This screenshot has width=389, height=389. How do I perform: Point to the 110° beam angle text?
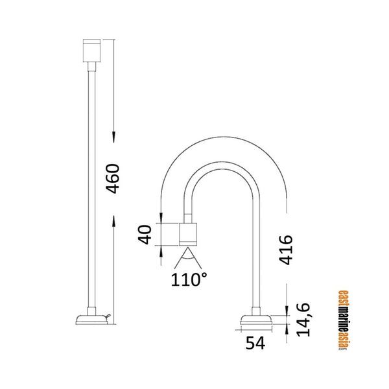[189, 280]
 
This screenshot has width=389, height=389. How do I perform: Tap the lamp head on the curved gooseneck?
[189, 234]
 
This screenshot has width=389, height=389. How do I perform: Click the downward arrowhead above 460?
[113, 137]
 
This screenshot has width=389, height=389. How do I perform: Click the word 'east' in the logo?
[344, 300]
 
